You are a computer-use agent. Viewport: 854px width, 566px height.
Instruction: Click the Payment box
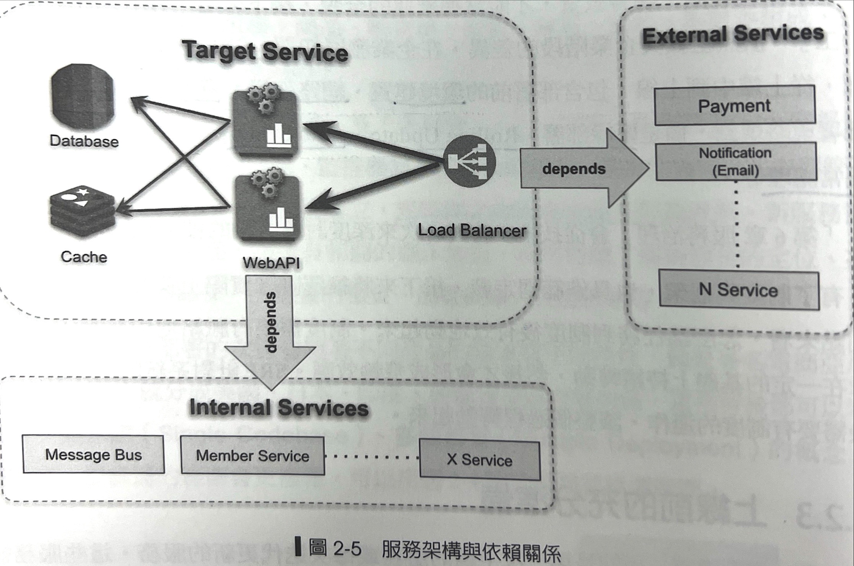(x=735, y=106)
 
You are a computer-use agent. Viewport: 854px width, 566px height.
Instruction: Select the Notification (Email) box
(x=736, y=161)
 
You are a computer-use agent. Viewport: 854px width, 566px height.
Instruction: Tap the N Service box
(x=739, y=290)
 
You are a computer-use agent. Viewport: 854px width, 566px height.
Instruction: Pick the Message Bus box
(x=93, y=454)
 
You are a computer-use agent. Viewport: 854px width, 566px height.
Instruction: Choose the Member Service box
(x=253, y=455)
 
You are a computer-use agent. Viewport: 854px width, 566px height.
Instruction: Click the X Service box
(x=480, y=459)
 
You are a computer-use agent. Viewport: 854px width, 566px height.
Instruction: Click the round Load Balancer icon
(x=469, y=161)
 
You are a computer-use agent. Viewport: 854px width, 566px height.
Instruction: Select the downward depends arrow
(x=269, y=329)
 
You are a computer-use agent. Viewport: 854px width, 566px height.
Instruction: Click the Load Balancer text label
(x=472, y=230)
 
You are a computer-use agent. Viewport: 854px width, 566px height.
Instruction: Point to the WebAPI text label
(x=271, y=262)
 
